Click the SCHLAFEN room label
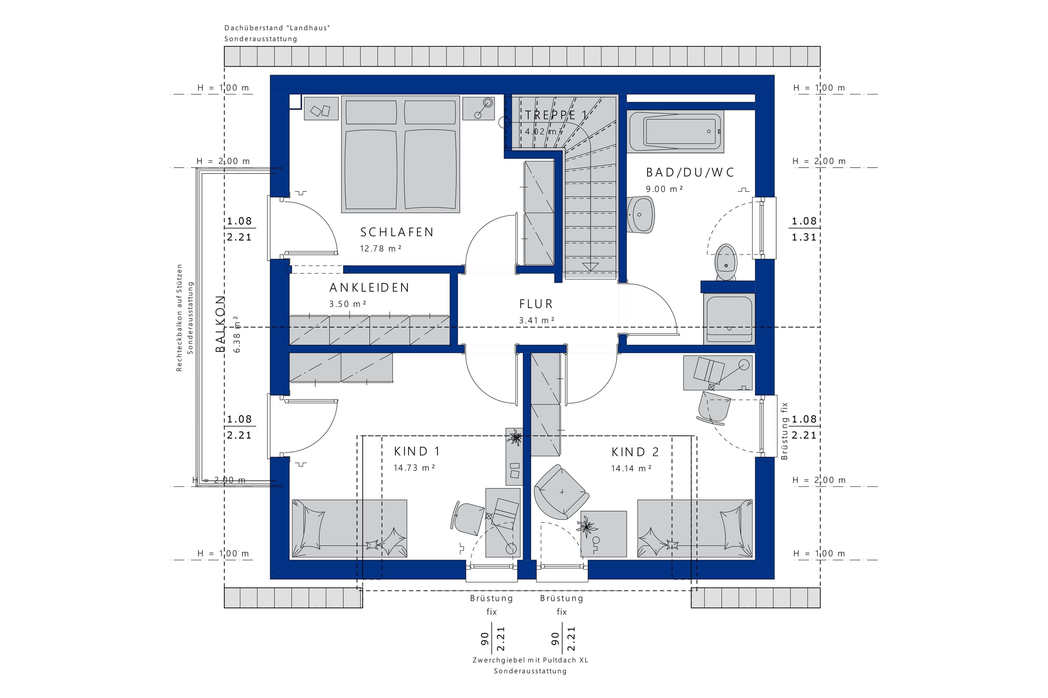(396, 232)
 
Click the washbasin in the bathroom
(641, 215)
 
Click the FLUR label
(536, 304)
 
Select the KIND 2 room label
(635, 452)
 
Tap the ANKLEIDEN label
(369, 288)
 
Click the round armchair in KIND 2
(562, 492)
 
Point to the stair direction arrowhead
(590, 267)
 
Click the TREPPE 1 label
(556, 115)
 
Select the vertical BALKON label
(220, 324)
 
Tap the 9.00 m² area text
(664, 189)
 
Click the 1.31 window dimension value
(804, 238)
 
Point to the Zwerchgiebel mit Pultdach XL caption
(530, 660)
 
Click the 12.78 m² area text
(381, 249)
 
